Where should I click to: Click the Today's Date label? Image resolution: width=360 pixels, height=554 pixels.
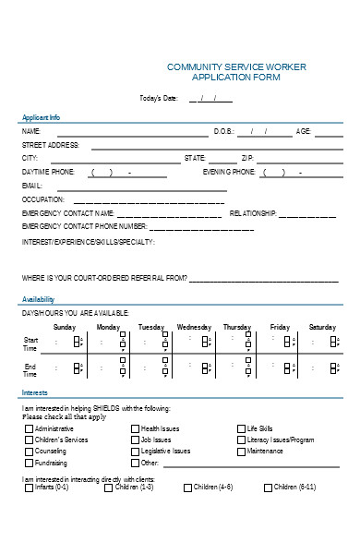point(157,98)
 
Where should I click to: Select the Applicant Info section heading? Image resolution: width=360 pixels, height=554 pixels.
point(42,118)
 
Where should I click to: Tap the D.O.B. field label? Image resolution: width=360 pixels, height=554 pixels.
point(224,132)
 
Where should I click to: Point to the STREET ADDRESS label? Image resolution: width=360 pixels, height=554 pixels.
point(51,145)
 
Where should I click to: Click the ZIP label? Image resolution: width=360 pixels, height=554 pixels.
point(247,158)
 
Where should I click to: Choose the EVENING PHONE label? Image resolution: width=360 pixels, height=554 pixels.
point(230,172)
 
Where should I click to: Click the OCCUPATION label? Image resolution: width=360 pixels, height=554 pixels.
point(43,199)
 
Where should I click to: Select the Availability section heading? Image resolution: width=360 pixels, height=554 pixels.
point(39,299)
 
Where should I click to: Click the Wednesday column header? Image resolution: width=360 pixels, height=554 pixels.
point(194,327)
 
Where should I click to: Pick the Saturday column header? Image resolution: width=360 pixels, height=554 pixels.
point(322,327)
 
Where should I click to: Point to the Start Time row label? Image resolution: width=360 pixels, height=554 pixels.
point(30,344)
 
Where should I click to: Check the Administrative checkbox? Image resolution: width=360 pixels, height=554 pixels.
point(28,429)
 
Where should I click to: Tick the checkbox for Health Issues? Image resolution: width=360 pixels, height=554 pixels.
point(134,429)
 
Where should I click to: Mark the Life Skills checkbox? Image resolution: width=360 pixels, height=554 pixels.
point(241,429)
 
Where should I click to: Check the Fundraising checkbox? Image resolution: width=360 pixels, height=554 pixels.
point(28,463)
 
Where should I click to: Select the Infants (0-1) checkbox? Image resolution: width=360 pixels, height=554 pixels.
point(28,487)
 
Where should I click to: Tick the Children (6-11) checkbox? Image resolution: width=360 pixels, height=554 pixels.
point(268,487)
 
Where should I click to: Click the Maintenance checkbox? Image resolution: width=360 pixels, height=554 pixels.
point(241,452)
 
